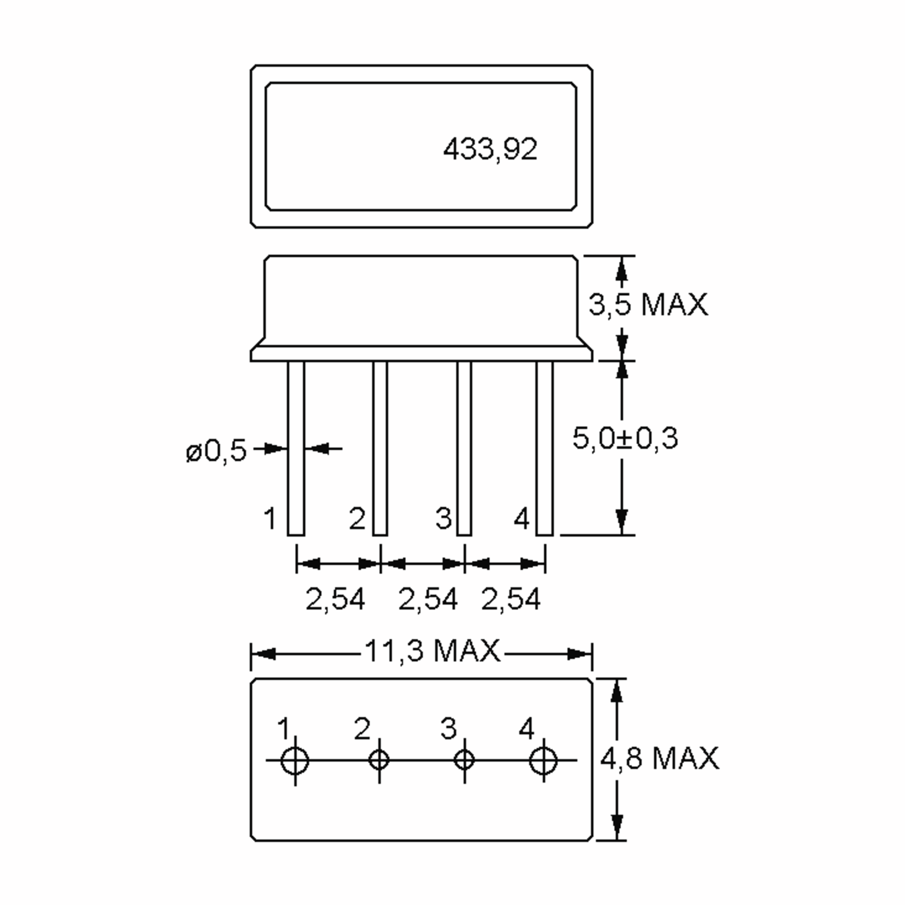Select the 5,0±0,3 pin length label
tap(625, 439)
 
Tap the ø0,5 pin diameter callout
tap(216, 451)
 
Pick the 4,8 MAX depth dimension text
tap(659, 758)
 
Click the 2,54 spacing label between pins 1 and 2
tap(335, 599)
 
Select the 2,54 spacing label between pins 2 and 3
tap(427, 599)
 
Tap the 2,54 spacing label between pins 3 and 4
tap(511, 599)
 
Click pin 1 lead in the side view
tap(296, 448)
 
